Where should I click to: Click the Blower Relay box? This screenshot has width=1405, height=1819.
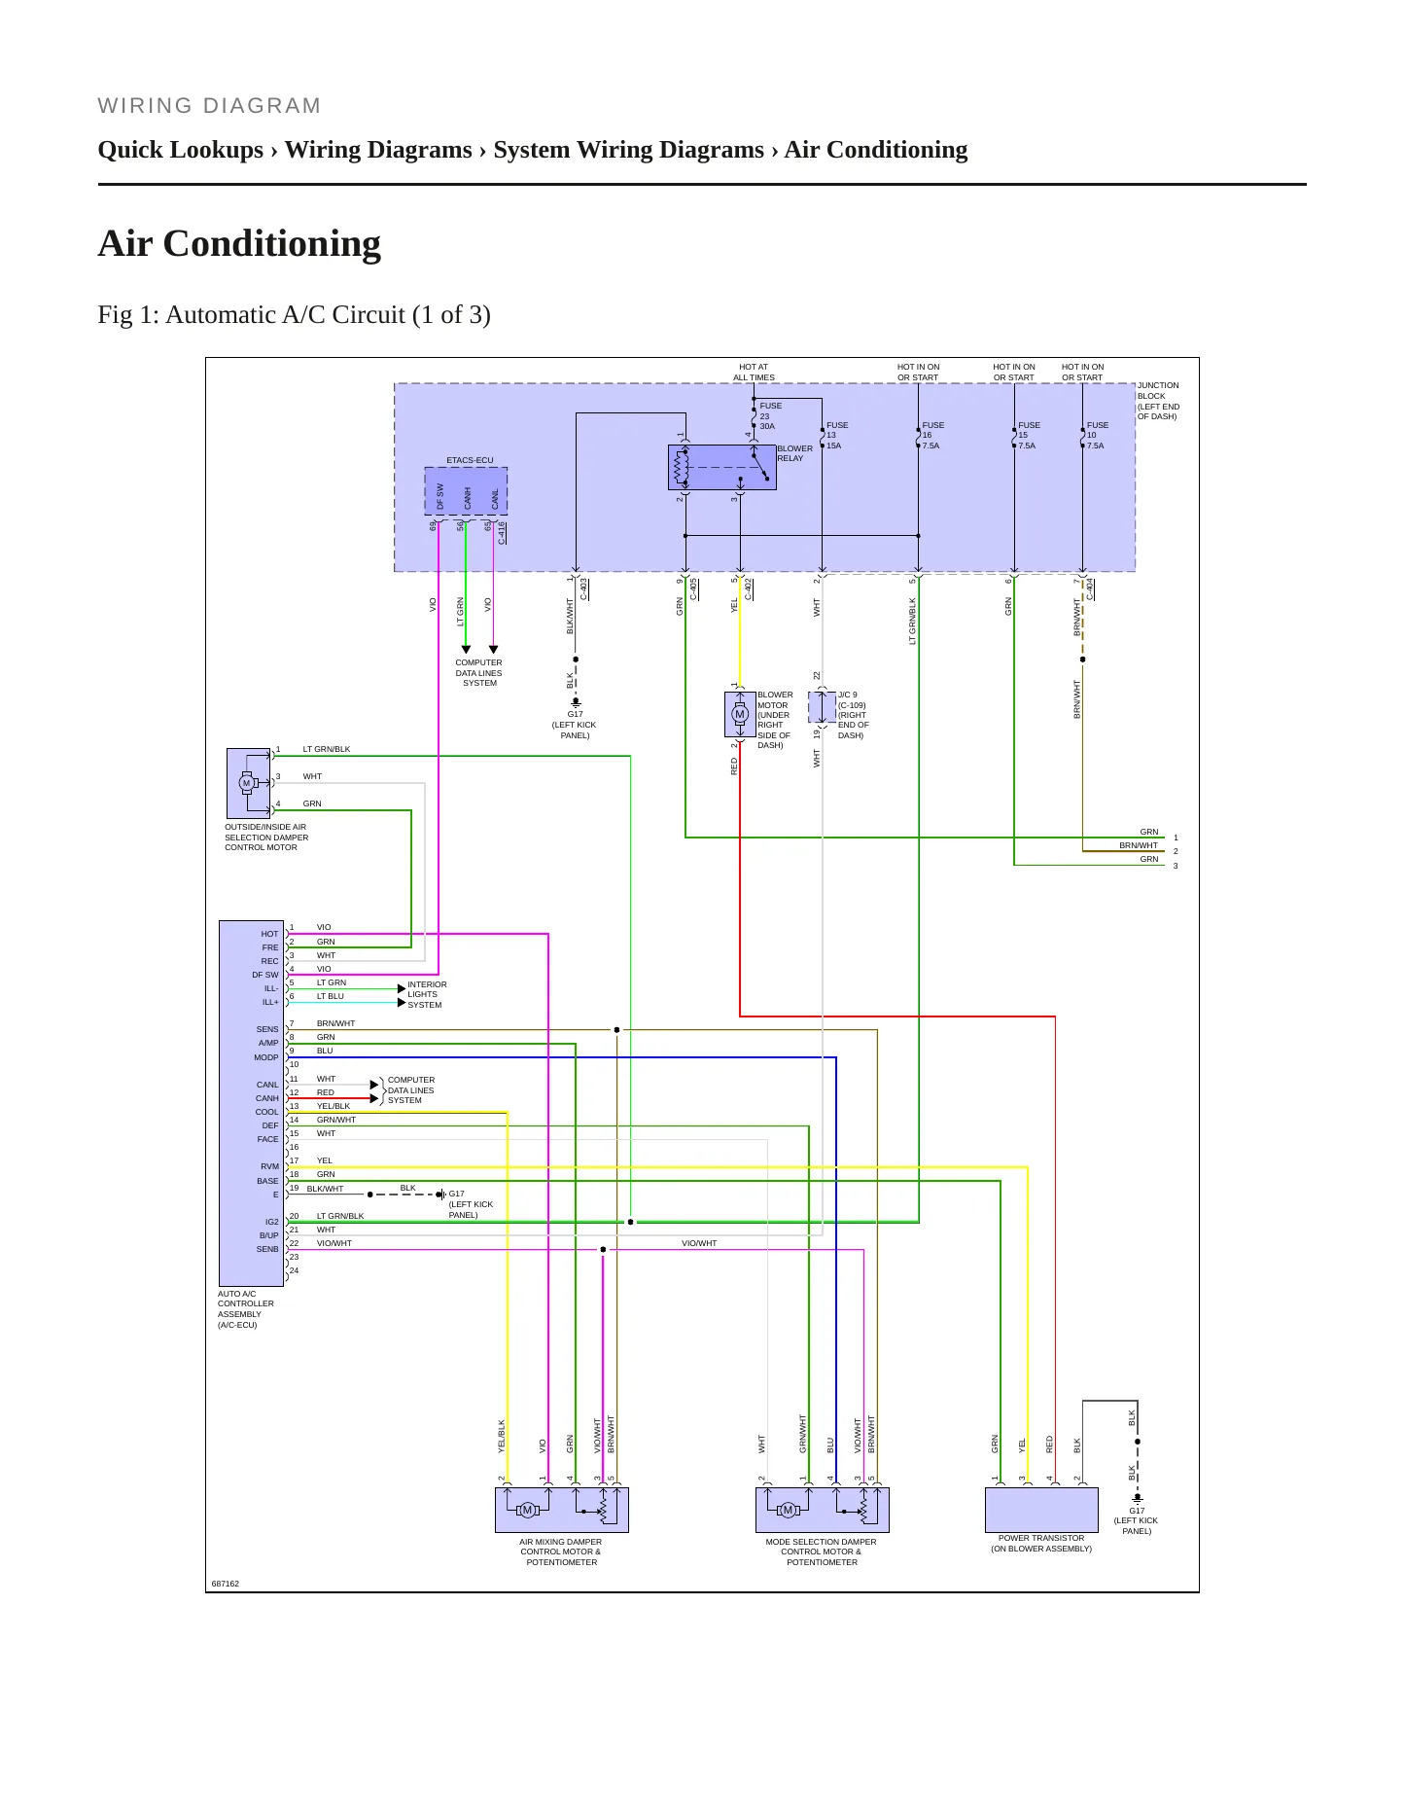(721, 468)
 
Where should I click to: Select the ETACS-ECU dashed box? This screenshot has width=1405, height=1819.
(466, 491)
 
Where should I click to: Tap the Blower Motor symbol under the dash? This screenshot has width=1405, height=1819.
(740, 714)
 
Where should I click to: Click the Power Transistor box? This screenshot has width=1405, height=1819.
(1041, 1511)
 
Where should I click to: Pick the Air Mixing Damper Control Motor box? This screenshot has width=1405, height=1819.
(562, 1511)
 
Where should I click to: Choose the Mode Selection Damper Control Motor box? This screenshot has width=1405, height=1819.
(823, 1511)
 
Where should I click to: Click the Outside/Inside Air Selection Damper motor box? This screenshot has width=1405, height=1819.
(249, 783)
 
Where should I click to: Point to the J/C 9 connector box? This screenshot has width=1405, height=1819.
(823, 707)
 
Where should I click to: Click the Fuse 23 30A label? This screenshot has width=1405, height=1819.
(771, 416)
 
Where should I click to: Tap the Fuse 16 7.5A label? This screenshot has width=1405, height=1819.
(932, 436)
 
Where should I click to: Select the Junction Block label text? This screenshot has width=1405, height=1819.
(1158, 401)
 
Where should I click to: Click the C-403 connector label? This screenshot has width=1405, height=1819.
(583, 588)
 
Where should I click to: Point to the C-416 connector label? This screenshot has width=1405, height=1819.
(502, 532)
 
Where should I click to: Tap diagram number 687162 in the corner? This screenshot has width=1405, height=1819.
(226, 1584)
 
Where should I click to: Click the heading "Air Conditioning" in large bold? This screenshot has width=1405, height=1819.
(239, 243)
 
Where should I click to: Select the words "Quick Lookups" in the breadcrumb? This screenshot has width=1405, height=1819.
(181, 150)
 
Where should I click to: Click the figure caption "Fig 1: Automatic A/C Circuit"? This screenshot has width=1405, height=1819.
(295, 315)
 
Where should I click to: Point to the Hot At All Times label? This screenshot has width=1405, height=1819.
(754, 373)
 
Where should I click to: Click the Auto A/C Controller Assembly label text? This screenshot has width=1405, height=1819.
(245, 1309)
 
